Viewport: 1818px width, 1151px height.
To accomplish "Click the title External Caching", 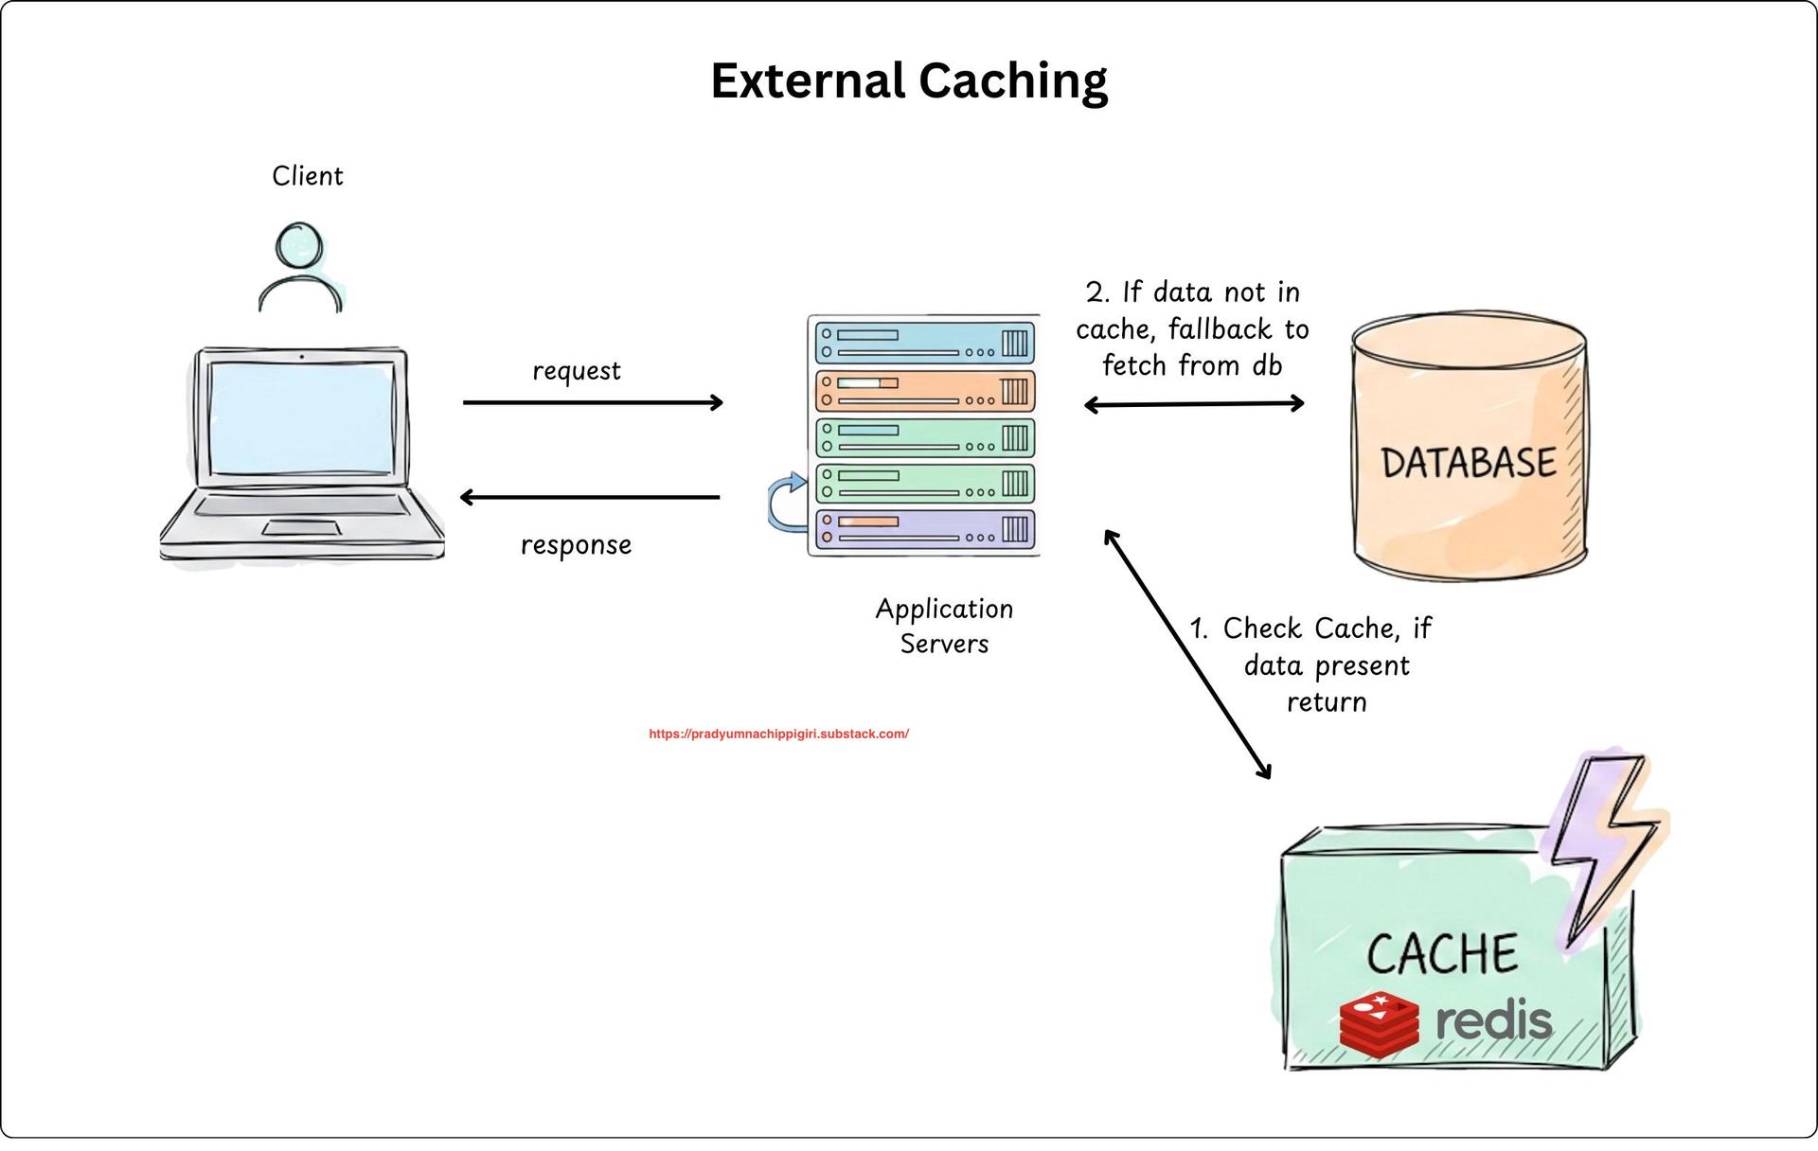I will (909, 80).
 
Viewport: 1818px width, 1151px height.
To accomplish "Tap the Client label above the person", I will (307, 176).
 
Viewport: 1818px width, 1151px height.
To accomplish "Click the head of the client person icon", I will (299, 245).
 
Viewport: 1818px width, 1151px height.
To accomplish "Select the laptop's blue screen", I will (301, 417).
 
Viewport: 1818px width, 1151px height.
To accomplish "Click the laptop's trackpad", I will (302, 527).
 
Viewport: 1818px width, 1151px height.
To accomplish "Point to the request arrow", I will (593, 402).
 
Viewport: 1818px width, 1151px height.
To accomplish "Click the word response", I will (576, 545).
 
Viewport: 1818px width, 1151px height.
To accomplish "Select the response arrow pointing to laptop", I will (589, 497).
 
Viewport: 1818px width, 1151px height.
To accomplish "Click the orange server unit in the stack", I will (924, 391).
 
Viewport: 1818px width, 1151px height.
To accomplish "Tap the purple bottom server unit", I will (924, 529).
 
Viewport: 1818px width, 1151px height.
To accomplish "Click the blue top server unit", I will (924, 343).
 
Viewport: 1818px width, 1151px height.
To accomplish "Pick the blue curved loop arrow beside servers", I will (785, 505).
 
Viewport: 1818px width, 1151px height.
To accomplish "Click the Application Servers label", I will (944, 626).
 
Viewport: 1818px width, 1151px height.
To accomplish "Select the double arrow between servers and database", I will (1194, 404).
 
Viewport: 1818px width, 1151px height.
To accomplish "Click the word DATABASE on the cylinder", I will (1468, 463).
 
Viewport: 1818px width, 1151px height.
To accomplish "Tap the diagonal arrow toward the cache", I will (1187, 654).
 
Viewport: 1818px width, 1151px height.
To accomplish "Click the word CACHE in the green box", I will (1441, 954).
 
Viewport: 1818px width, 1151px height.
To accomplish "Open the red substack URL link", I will (778, 734).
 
